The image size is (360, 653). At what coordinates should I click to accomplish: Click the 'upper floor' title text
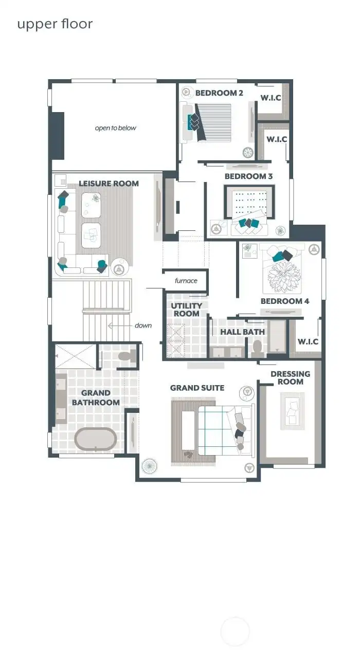(55, 24)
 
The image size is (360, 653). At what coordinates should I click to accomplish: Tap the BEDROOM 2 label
(219, 93)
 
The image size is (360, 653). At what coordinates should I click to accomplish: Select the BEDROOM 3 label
(248, 176)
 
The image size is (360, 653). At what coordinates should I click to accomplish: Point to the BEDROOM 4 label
(285, 301)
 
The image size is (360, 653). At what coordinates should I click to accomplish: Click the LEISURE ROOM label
(109, 184)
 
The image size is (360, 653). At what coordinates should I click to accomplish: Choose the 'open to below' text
(116, 128)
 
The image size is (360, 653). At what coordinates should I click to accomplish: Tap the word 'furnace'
(186, 281)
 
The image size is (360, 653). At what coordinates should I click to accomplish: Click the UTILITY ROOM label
(186, 310)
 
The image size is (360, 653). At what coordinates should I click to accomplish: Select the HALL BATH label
(243, 332)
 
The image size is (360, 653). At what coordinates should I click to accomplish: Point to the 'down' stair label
(143, 325)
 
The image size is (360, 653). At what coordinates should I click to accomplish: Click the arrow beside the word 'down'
(119, 325)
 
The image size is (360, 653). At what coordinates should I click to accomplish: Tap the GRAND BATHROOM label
(96, 398)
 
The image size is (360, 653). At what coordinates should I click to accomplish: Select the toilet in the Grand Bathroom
(126, 356)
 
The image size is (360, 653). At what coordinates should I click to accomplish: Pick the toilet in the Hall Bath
(257, 348)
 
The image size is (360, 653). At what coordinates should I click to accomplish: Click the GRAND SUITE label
(197, 388)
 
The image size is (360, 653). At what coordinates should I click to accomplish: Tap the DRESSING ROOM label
(291, 378)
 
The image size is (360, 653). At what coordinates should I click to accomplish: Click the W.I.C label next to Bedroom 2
(271, 97)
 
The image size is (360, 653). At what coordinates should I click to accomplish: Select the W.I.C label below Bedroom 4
(308, 341)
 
